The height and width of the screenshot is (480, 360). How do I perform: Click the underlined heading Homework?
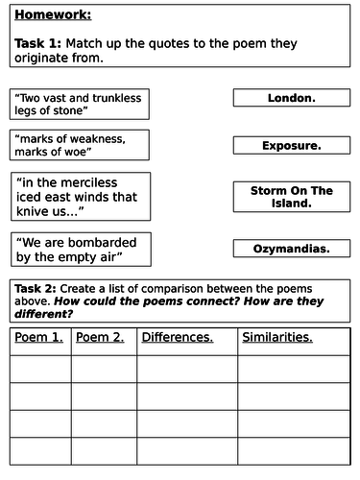tap(51, 16)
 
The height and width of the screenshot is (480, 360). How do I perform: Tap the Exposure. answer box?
tap(291, 146)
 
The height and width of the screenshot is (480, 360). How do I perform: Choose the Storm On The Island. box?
tap(291, 197)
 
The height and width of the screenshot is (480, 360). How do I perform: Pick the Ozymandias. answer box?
tap(291, 249)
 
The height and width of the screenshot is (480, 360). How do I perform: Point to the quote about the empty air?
tap(81, 250)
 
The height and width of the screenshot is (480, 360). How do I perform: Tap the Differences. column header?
tap(178, 337)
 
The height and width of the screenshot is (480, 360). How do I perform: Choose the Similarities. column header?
tap(277, 337)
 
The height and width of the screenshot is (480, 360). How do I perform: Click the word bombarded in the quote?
tap(103, 242)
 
